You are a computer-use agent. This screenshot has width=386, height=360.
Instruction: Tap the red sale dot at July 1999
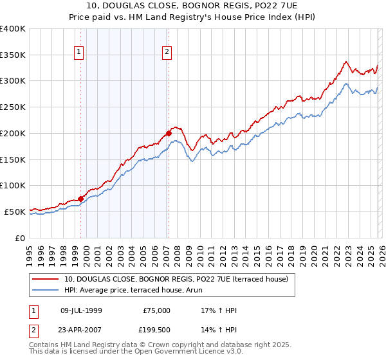[x=80, y=199]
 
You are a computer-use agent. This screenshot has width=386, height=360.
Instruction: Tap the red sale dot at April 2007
[x=169, y=134]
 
